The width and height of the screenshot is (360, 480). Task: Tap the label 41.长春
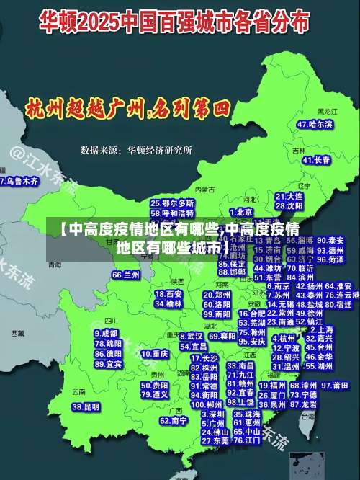tap(317, 159)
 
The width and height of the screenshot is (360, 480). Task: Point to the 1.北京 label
tap(243, 212)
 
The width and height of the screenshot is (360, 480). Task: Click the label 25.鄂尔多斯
tap(172, 203)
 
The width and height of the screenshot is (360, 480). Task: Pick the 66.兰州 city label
tap(126, 275)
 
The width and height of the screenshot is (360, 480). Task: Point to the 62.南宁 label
tap(174, 420)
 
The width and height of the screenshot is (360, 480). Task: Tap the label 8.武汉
tap(191, 336)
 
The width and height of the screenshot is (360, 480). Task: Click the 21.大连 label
tap(289, 196)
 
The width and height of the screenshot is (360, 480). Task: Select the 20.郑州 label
tap(217, 295)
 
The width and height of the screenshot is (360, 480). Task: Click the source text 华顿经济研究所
tap(159, 151)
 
